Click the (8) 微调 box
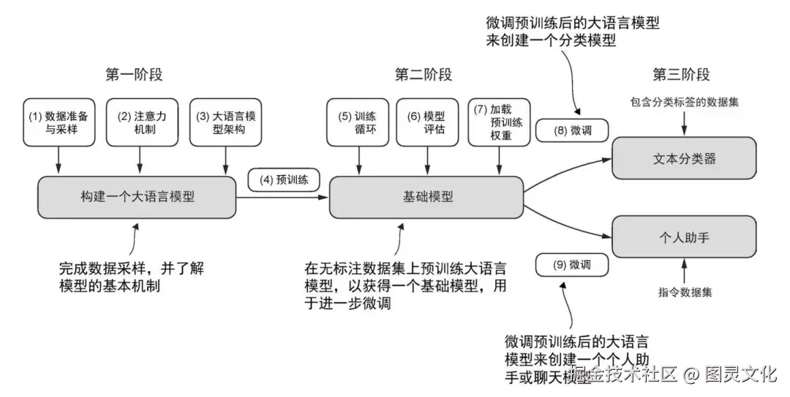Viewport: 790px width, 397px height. [x=571, y=131]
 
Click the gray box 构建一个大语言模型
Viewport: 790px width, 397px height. [x=138, y=197]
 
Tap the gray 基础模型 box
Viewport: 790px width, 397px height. [x=426, y=197]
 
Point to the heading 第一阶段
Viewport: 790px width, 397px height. [x=134, y=75]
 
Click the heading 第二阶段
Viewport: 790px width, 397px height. [x=424, y=75]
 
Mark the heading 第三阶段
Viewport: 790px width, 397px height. [x=681, y=75]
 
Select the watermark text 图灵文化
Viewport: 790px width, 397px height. [x=740, y=375]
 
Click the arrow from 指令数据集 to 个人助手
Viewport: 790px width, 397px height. [x=684, y=271]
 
